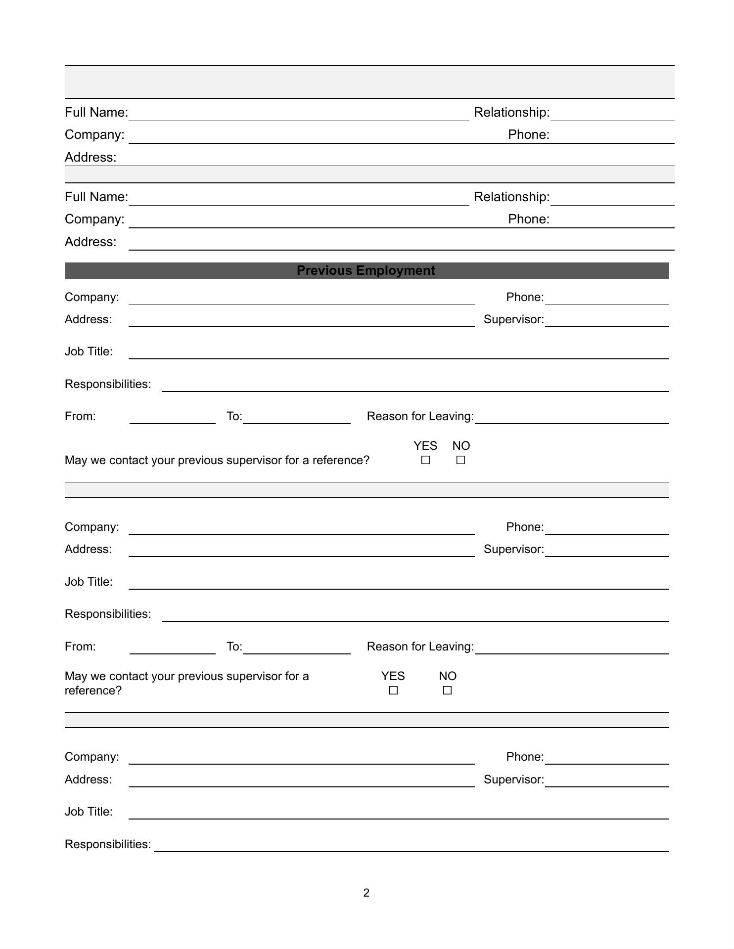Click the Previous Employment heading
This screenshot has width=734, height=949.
pos(366,271)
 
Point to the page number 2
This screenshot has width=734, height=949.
pos(366,893)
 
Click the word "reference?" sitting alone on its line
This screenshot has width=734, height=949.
pos(93,690)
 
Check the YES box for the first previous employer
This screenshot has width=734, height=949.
pos(425,460)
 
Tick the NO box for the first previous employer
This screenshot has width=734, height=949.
pos(460,460)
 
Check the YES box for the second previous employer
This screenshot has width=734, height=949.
pos(393,690)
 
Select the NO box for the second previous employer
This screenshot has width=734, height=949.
pos(447,690)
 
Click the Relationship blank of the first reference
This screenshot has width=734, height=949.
pos(612,115)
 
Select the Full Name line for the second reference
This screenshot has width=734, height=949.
pos(298,199)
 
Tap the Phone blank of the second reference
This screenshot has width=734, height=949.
pos(612,222)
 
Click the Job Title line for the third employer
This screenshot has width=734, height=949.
pos(398,813)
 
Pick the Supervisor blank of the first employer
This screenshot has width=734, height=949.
pos(606,321)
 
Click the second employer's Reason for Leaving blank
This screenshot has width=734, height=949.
pos(571,648)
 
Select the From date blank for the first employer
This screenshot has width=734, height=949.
pos(172,418)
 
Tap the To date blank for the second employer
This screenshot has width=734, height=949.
pos(296,648)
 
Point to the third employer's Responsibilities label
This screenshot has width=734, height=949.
pos(108,844)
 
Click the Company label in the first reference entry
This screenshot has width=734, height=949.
pos(94,134)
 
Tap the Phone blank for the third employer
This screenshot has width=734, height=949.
pos(606,758)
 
